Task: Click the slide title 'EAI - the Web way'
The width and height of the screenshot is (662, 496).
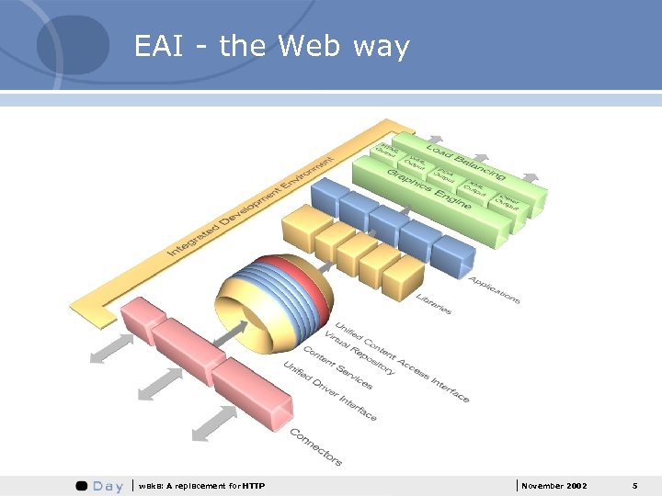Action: pyautogui.click(x=271, y=46)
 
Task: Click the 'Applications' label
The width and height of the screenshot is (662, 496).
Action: pyautogui.click(x=493, y=289)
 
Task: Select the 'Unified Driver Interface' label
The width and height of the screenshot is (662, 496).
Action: pyautogui.click(x=329, y=391)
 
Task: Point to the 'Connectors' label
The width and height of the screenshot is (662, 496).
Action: pyautogui.click(x=315, y=445)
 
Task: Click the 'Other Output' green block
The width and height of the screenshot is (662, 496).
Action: pyautogui.click(x=508, y=202)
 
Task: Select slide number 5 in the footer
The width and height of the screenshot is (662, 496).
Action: pyautogui.click(x=634, y=485)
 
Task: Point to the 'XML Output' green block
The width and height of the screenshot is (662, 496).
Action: pyautogui.click(x=475, y=188)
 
